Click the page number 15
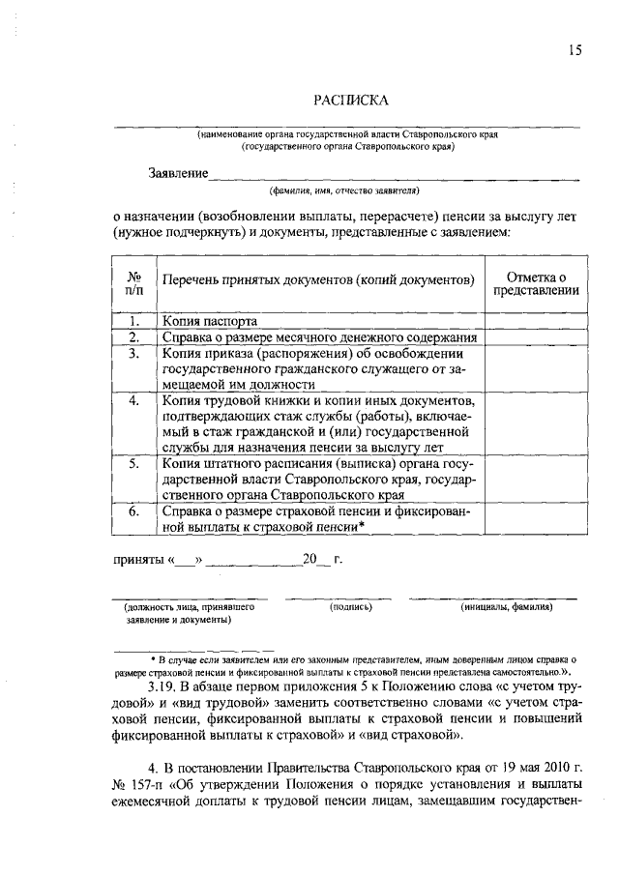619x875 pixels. point(575,51)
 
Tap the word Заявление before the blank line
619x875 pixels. point(178,173)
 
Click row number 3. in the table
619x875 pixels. point(134,354)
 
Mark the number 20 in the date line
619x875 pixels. point(310,559)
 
